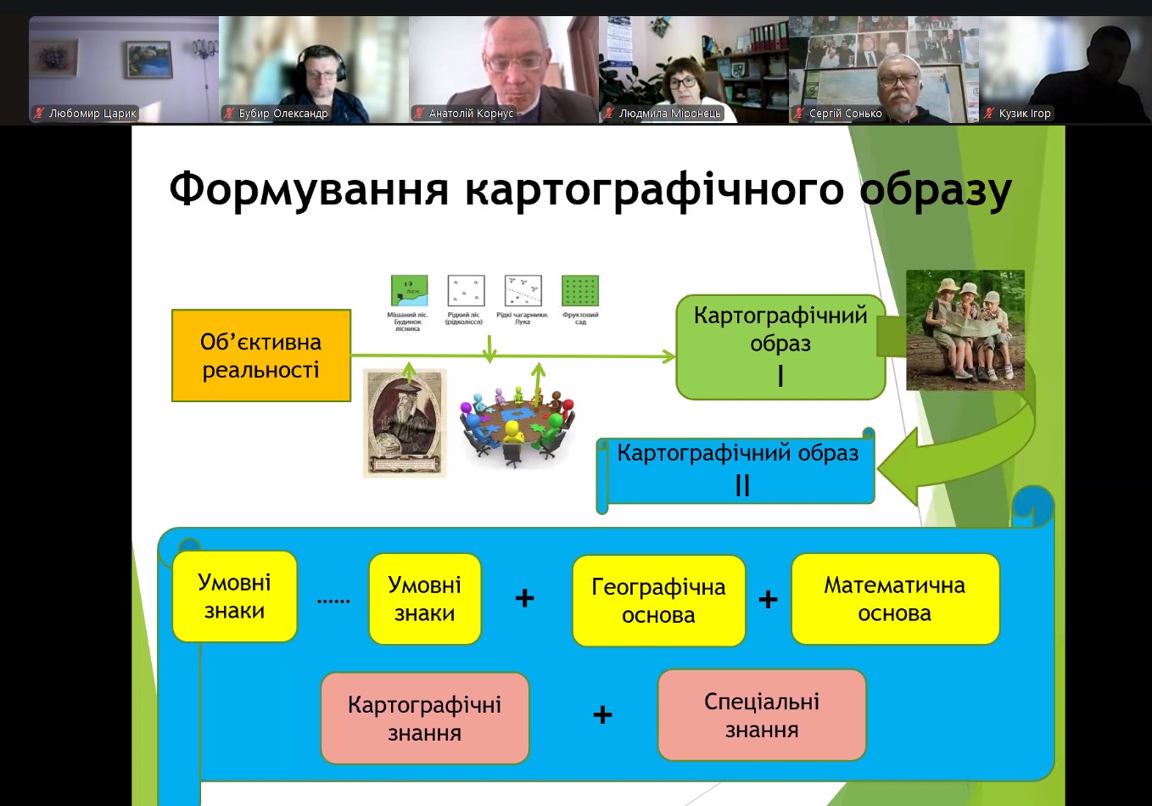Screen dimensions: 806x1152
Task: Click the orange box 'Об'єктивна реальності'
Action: (261, 355)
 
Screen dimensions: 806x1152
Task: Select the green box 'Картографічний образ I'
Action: (780, 346)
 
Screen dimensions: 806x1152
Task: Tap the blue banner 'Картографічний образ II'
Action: (738, 469)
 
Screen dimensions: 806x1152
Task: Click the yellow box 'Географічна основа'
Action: (658, 601)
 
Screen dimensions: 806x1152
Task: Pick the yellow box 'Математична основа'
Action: (895, 599)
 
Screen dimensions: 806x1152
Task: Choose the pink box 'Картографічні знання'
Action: (424, 718)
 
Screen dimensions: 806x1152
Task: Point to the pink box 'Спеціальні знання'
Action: (762, 715)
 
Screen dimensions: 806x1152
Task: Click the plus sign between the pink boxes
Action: (602, 715)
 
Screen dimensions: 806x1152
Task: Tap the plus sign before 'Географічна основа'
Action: (525, 598)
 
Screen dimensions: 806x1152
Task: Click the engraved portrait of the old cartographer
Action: (405, 423)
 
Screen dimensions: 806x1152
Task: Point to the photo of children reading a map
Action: (965, 330)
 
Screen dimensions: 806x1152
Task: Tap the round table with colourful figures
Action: (517, 423)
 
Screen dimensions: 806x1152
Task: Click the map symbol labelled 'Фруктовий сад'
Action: (580, 291)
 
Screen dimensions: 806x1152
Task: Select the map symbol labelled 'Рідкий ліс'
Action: (466, 291)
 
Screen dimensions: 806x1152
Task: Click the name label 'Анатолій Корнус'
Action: (471, 113)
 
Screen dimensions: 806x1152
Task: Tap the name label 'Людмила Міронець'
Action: (669, 113)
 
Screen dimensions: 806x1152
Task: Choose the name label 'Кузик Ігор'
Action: (1024, 113)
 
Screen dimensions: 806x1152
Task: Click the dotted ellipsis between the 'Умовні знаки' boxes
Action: (333, 601)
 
